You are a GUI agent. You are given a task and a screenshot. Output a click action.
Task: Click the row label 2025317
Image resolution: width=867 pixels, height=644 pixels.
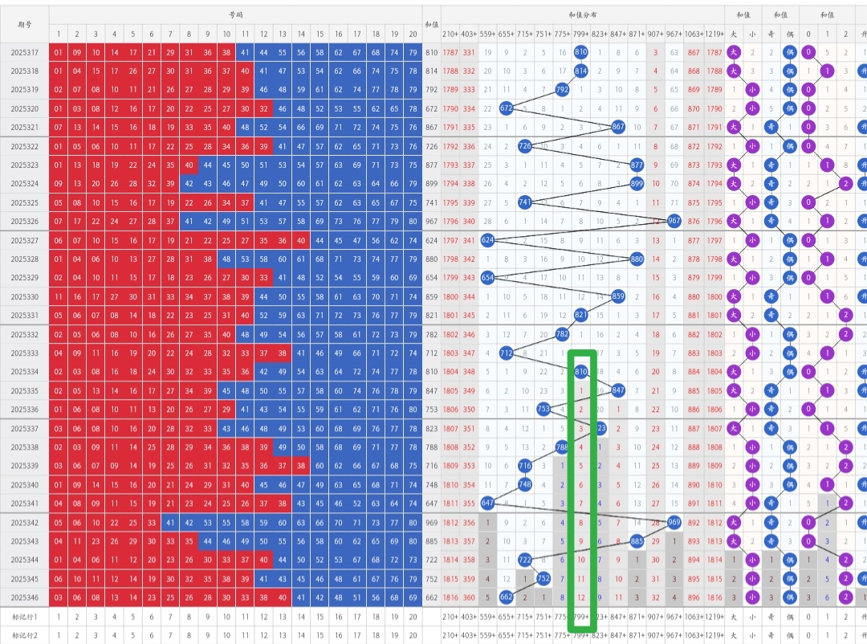25,52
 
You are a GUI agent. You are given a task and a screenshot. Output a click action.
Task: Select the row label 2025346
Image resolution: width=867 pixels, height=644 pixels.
25,597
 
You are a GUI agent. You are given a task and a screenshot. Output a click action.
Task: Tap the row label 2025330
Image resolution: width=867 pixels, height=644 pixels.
25,296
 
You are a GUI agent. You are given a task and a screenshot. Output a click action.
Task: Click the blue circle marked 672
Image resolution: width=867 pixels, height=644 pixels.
507,108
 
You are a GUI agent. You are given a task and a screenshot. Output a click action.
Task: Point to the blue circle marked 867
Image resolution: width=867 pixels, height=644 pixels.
618,127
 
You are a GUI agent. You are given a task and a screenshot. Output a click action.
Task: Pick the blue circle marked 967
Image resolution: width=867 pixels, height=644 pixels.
674,221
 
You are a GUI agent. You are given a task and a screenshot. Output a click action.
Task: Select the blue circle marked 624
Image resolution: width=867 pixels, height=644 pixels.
487,240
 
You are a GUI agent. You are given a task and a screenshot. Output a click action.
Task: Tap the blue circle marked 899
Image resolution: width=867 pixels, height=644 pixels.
637,183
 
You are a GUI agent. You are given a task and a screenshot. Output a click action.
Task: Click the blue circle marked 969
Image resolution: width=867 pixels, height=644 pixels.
674,522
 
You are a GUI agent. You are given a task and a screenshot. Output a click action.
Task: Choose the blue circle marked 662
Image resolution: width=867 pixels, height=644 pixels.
507,597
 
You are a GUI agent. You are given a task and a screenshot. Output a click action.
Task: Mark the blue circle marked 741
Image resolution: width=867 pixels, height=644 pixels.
525,202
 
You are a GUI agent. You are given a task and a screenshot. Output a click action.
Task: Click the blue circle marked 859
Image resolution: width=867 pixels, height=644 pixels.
618,296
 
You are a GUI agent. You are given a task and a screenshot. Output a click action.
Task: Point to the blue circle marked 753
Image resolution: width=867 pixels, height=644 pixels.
543,409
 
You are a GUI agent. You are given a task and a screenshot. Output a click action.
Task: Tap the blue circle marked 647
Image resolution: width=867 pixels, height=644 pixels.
487,503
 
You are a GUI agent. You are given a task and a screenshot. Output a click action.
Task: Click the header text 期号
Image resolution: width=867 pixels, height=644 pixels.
25,24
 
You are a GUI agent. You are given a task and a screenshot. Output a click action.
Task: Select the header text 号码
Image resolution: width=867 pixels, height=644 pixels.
235,15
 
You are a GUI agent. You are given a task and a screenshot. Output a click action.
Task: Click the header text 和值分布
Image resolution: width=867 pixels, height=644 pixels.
583,15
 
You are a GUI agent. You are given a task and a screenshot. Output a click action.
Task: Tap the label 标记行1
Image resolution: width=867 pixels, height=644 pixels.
25,616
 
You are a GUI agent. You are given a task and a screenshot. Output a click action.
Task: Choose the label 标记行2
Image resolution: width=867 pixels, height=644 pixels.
25,634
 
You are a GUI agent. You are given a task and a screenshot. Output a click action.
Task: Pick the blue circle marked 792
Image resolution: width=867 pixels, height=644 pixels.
563,90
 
